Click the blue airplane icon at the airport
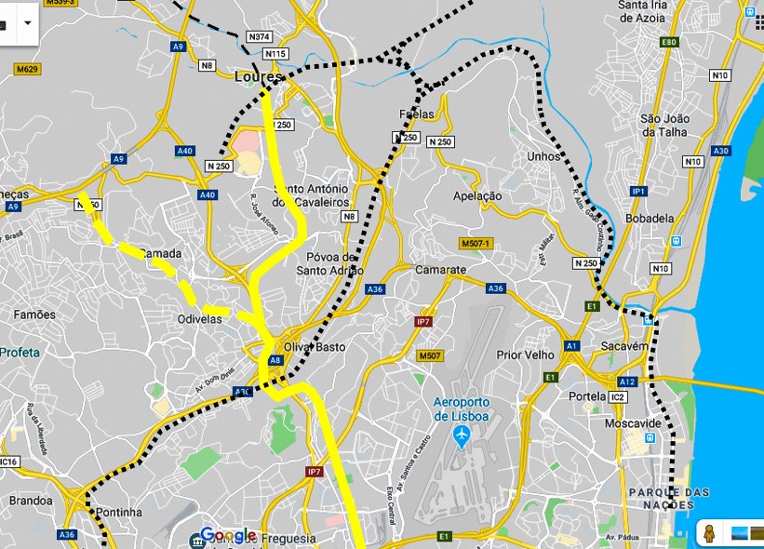(x=461, y=435)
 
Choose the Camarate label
(x=441, y=269)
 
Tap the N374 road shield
(x=260, y=36)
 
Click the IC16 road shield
(x=8, y=462)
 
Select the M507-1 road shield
(x=475, y=244)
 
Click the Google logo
(x=228, y=535)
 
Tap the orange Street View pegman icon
(x=709, y=533)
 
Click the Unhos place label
(x=543, y=156)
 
